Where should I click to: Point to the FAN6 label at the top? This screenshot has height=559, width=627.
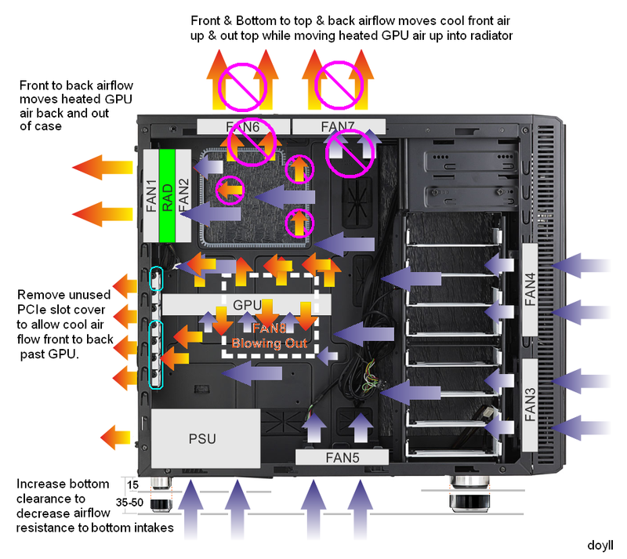pyautogui.click(x=242, y=126)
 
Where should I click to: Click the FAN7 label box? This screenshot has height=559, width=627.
pyautogui.click(x=338, y=126)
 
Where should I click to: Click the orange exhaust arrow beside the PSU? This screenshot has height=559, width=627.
pyautogui.click(x=118, y=436)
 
